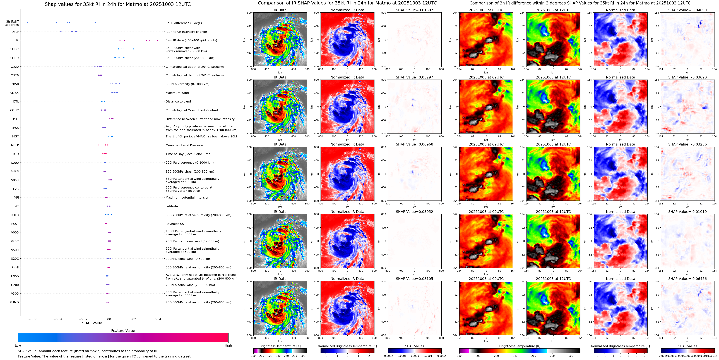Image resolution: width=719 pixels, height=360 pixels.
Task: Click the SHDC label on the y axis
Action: (x=15, y=49)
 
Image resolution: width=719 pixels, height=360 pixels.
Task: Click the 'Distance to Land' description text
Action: (x=178, y=102)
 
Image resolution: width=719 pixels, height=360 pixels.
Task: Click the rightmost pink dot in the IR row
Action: (x=157, y=40)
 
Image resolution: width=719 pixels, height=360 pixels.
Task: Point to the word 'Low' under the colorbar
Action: (x=18, y=345)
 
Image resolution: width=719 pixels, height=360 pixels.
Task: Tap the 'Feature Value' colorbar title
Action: (x=123, y=331)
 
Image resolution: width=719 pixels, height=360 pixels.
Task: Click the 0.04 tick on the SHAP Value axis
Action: (x=158, y=319)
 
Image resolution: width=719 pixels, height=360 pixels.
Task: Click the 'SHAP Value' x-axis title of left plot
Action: (x=92, y=323)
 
